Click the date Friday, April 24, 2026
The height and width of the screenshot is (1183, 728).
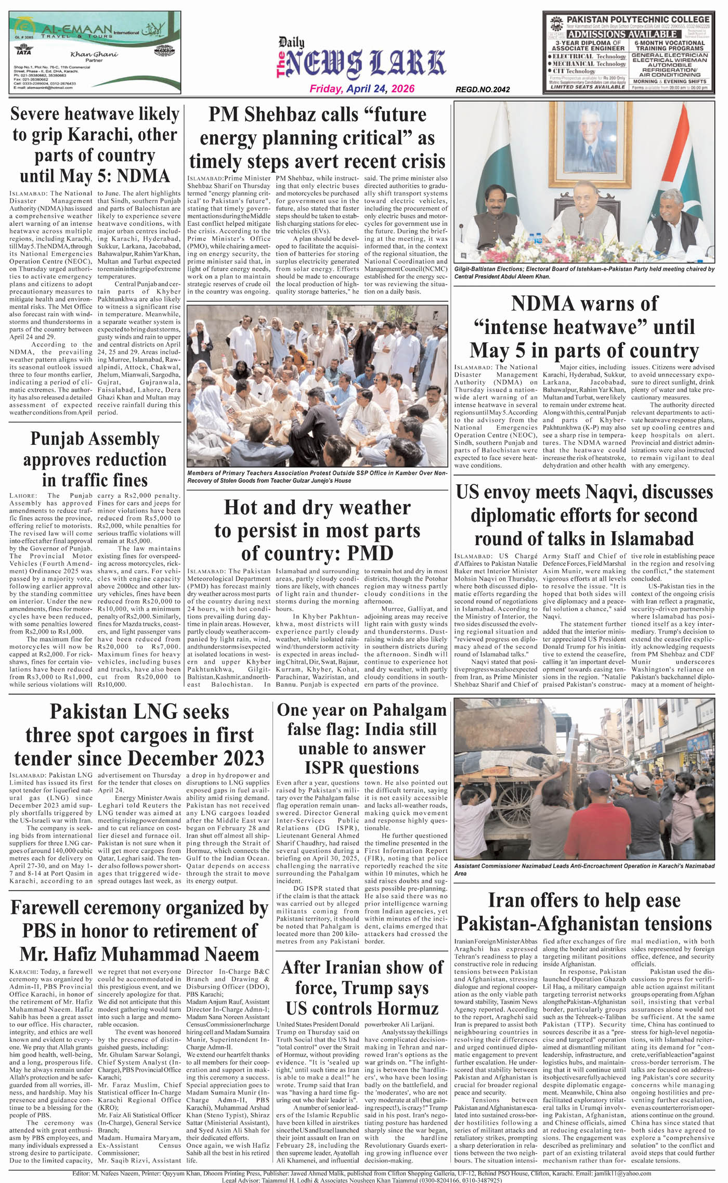pyautogui.click(x=362, y=89)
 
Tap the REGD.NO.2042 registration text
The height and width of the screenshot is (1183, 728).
pyautogui.click(x=482, y=89)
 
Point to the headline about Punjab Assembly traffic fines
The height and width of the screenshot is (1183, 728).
pyautogui.click(x=95, y=459)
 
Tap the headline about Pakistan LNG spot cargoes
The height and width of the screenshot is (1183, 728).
pyautogui.click(x=139, y=735)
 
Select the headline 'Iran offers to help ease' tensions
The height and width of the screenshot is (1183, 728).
pyautogui.click(x=584, y=912)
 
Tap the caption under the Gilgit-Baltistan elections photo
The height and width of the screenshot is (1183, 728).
pyautogui.click(x=584, y=273)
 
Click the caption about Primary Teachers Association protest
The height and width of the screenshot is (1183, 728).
pyautogui.click(x=317, y=477)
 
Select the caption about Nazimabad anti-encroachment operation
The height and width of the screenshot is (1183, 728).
pyautogui.click(x=584, y=869)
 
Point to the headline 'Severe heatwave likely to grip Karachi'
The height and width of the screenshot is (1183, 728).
pyautogui.click(x=95, y=145)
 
